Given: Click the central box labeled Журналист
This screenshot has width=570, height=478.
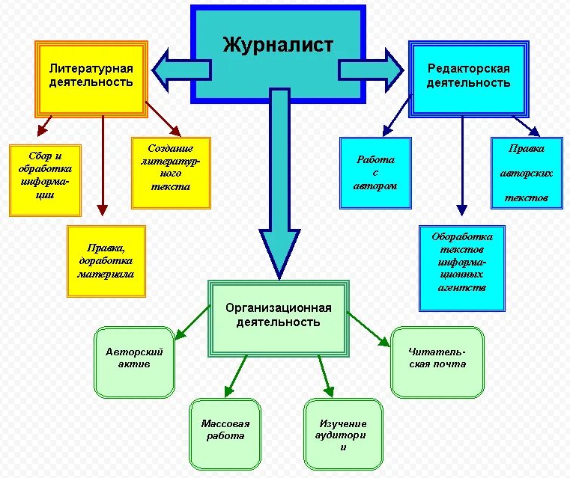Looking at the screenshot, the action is click(277, 45).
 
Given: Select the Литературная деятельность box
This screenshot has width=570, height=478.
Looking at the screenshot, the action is click(91, 76).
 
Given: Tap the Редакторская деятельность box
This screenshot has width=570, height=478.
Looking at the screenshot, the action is click(468, 76).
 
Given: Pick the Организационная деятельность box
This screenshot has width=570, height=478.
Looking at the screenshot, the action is click(278, 314).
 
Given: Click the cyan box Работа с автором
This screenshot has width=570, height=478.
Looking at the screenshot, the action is click(375, 173).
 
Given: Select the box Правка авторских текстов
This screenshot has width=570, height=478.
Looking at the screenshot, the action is click(526, 173).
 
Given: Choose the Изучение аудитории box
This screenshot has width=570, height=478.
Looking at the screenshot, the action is click(343, 434).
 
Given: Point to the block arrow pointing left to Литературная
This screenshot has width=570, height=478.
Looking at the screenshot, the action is click(180, 69).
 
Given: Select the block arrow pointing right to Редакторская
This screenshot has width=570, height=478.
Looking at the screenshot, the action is click(373, 69).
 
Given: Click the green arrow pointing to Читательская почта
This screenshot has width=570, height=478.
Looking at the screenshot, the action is click(370, 329).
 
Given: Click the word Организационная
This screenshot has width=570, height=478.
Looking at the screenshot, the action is click(278, 307).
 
